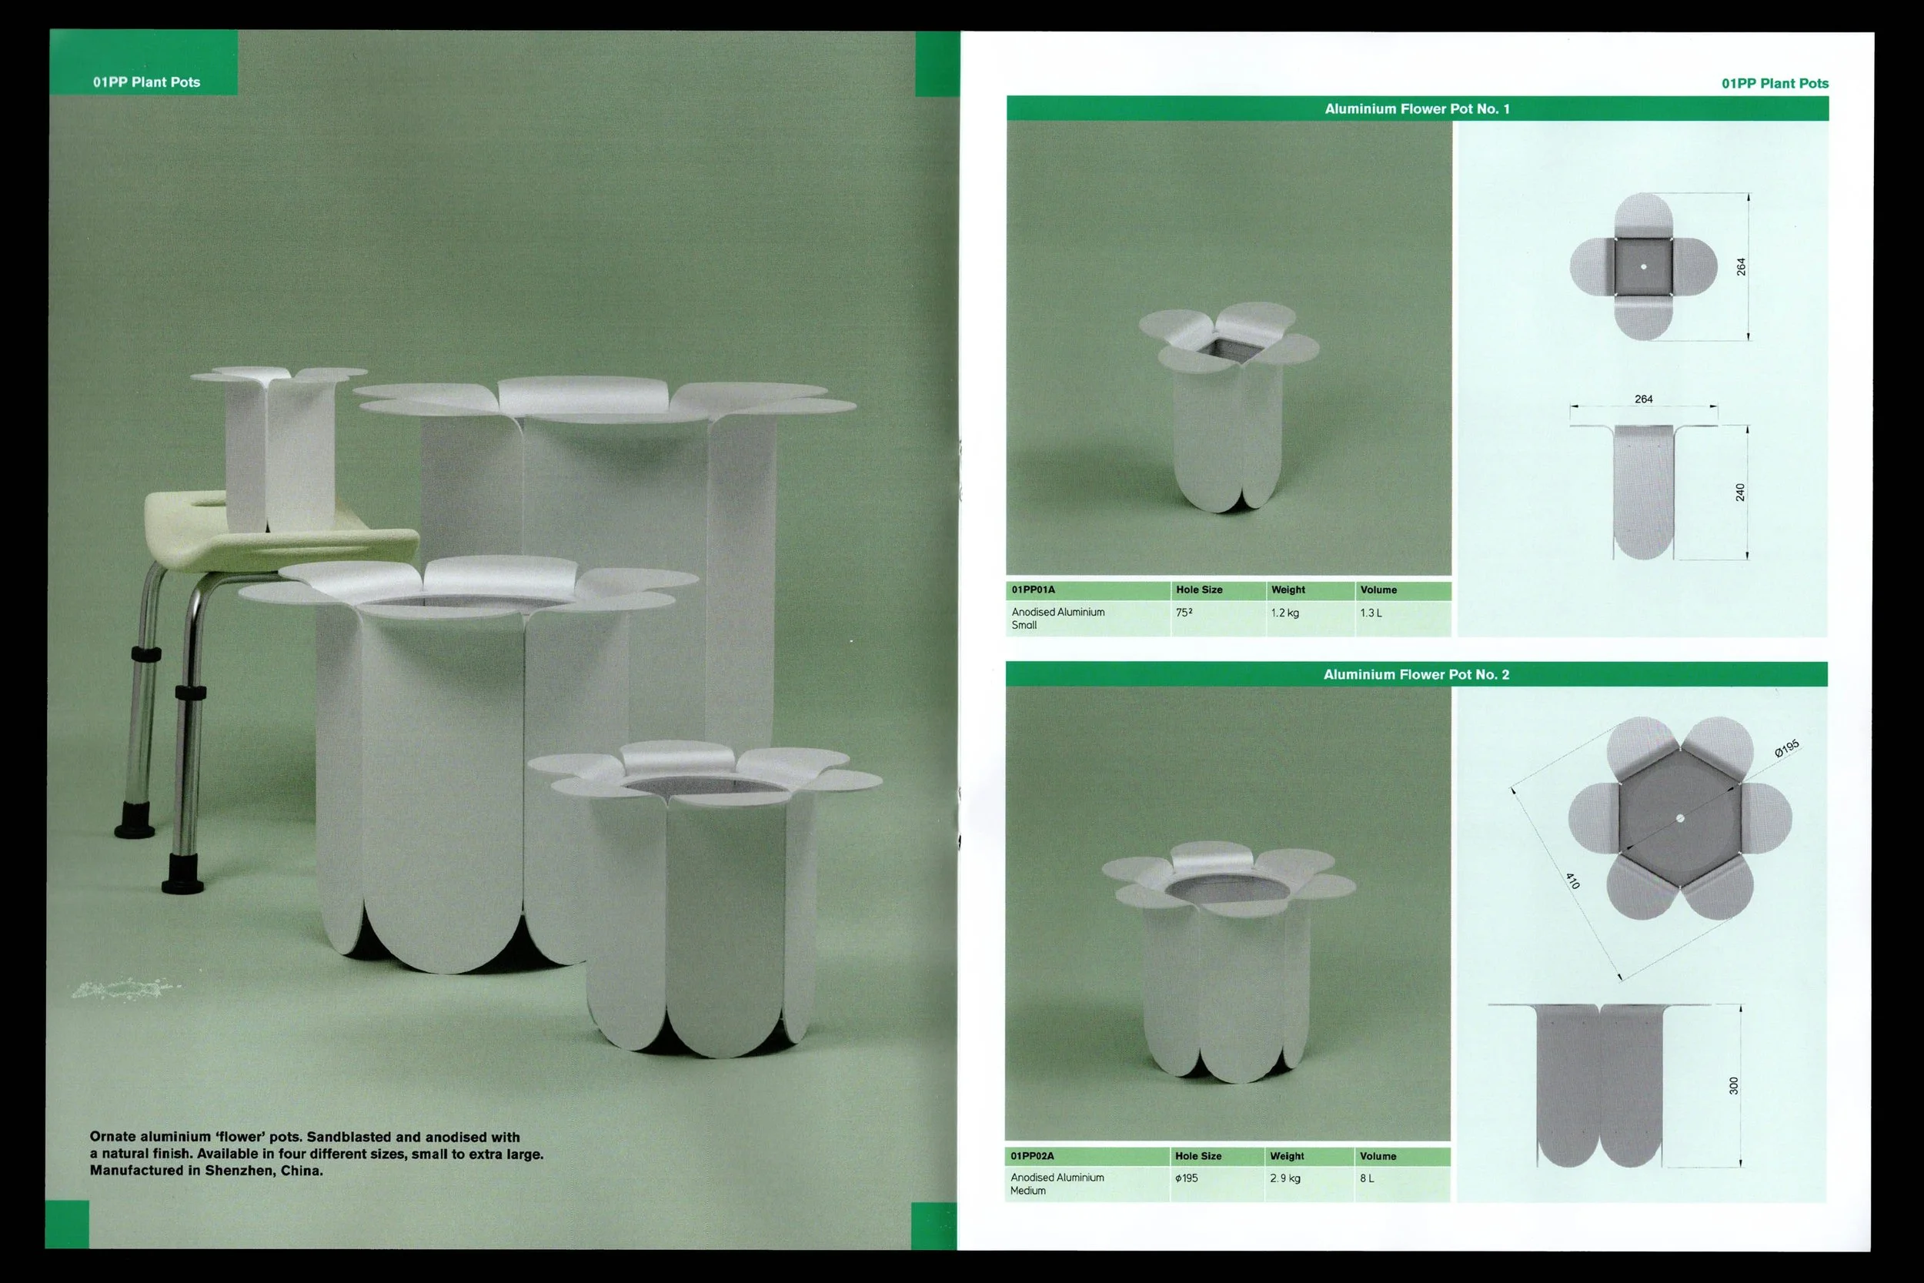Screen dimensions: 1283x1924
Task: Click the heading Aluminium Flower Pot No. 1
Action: pos(1417,109)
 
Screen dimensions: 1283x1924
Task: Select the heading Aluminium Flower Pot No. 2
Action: pos(1416,674)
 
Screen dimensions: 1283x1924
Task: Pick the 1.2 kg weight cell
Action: pos(1284,613)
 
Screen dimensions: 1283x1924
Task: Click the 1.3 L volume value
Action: pos(1370,613)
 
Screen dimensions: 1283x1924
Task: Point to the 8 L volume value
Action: pos(1366,1178)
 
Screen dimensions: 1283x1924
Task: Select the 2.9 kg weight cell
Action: pos(1284,1178)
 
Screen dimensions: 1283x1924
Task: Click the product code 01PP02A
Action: pos(1031,1156)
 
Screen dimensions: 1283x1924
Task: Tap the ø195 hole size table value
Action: pos(1186,1178)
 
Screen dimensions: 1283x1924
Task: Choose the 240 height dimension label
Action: pos(1740,492)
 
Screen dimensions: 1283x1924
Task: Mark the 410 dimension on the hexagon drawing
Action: pos(1572,880)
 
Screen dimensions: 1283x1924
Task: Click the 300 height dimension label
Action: pos(1733,1085)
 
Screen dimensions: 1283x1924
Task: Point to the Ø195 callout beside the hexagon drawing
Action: pos(1786,748)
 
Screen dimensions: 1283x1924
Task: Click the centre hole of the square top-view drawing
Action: pos(1643,267)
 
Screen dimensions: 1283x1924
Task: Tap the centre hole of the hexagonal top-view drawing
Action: pos(1680,818)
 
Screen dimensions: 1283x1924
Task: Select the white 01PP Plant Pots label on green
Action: pos(146,82)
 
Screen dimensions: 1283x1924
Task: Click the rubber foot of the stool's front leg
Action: pos(183,872)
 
